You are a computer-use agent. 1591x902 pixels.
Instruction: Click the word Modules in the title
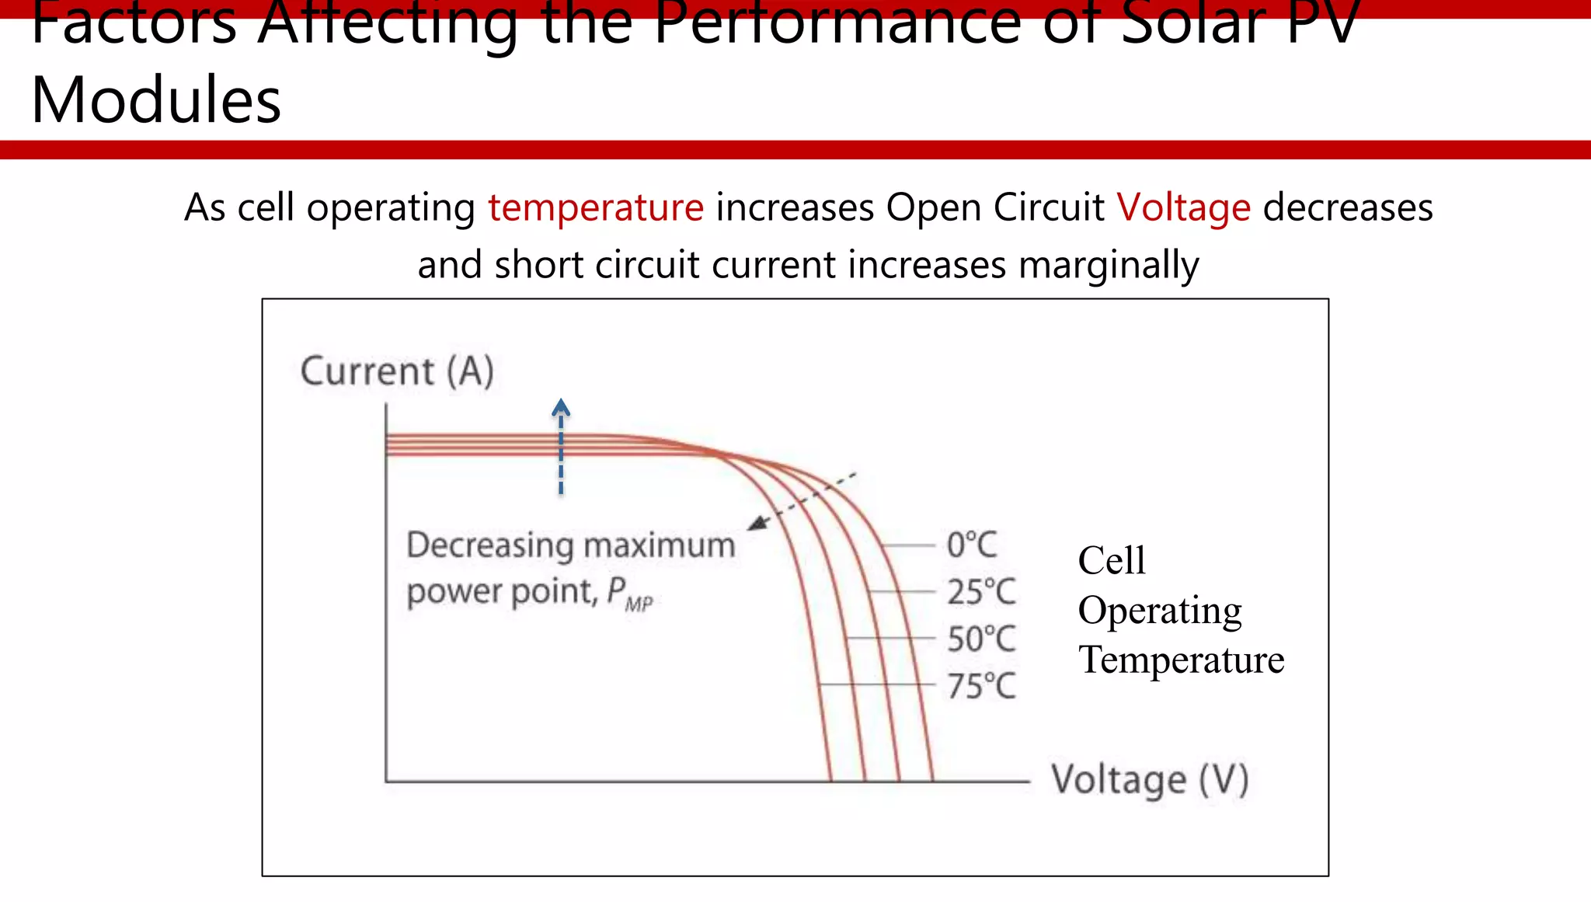tap(155, 101)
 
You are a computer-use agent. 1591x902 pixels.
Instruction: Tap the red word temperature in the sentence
tap(596, 208)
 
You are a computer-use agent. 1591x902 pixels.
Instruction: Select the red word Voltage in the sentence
tap(1183, 208)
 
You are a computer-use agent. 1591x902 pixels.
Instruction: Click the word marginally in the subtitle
tap(1109, 266)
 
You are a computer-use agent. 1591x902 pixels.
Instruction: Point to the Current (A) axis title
tap(397, 371)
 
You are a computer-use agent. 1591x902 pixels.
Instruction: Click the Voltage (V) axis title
tap(1150, 779)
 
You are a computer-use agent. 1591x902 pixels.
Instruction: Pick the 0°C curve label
tap(971, 545)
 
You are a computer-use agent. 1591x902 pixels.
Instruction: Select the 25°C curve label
tap(980, 592)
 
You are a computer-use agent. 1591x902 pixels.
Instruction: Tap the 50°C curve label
tap(980, 639)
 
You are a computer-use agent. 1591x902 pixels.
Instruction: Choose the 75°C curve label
tap(980, 686)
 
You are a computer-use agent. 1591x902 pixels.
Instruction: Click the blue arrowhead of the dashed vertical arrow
tap(561, 407)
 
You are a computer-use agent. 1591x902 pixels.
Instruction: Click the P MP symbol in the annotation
tap(629, 594)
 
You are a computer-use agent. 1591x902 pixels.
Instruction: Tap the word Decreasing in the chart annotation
tap(489, 545)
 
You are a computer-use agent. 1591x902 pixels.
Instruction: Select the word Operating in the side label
tap(1159, 611)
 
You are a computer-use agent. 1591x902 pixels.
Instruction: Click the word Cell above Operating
tap(1111, 560)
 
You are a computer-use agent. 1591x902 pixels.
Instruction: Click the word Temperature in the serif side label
tap(1181, 660)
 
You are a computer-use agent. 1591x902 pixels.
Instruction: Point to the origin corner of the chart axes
tap(386, 781)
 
